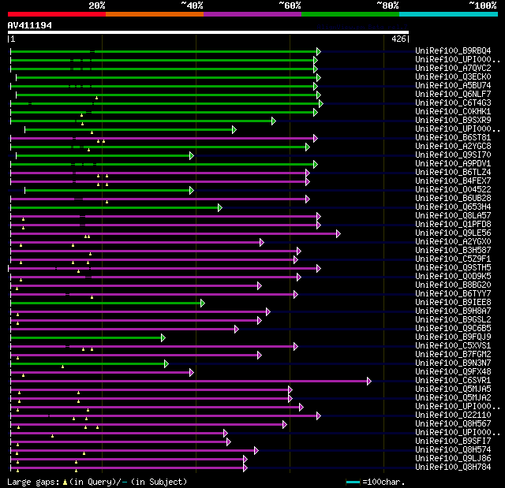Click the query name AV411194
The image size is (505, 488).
tap(30, 25)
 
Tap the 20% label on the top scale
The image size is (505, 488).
tap(96, 5)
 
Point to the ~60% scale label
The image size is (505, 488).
tap(290, 5)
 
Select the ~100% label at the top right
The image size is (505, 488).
tap(482, 5)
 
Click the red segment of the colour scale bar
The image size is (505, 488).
tap(56, 13)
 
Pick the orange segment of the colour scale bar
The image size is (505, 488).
tap(154, 13)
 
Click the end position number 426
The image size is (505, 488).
tap(398, 38)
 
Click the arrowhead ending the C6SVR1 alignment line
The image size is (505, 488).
tap(368, 380)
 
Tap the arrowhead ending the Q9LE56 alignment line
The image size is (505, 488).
tap(338, 233)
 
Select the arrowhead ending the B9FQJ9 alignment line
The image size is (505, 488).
tap(163, 337)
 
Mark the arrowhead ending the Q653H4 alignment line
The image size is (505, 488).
tap(219, 207)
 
